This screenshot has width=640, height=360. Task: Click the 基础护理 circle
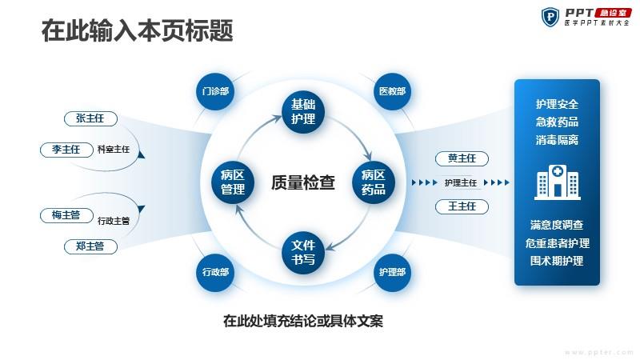[303, 112]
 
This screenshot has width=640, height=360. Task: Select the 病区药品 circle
[374, 182]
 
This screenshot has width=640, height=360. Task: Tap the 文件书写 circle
[303, 253]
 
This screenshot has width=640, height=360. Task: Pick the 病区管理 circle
[233, 182]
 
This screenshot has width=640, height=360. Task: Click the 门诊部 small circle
[215, 91]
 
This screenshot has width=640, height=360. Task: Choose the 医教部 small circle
[392, 91]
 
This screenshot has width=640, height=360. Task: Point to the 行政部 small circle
[215, 272]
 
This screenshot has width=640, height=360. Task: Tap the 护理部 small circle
[392, 272]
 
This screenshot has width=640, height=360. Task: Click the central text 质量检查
[303, 183]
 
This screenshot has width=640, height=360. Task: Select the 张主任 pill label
[90, 119]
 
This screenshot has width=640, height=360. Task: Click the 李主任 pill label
[66, 150]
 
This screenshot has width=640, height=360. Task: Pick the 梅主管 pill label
[66, 215]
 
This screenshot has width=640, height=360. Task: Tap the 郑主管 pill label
[90, 246]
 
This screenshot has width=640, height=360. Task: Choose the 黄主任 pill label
[462, 158]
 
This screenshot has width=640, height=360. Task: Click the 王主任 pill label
[462, 207]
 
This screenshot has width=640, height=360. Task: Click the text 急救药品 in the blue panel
[557, 122]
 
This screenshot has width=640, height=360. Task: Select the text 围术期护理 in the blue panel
[557, 261]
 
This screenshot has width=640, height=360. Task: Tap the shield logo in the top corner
[551, 16]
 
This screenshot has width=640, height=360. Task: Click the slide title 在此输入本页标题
[137, 31]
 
